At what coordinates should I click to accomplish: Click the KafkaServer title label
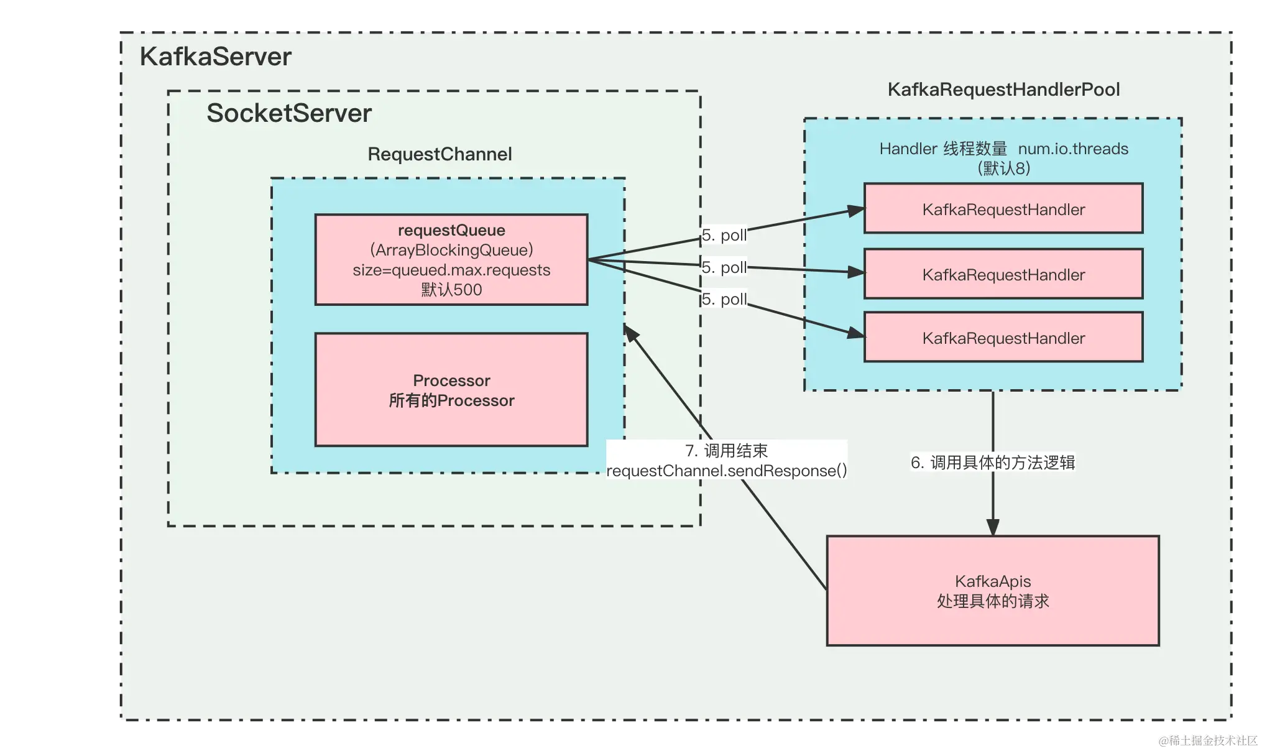point(215,57)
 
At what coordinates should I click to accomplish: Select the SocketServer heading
point(289,114)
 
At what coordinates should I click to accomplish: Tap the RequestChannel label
point(440,154)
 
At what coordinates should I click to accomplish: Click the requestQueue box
point(451,260)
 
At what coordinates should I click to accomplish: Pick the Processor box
point(451,390)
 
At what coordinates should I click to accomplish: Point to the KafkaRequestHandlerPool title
point(1003,90)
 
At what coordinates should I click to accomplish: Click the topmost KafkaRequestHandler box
point(1003,208)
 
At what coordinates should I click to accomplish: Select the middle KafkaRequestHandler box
point(1003,274)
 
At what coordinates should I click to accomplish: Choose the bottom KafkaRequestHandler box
point(1003,337)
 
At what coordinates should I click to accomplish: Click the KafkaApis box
point(993,591)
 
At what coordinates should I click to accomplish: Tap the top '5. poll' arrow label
point(724,236)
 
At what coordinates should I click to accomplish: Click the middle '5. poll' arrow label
point(724,267)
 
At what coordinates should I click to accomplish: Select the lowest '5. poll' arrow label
point(724,299)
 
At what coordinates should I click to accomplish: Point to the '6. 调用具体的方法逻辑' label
point(993,463)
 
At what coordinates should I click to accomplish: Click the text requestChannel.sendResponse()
point(727,471)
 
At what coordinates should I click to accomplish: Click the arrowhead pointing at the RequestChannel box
point(630,333)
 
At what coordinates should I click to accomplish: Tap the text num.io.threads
point(1073,149)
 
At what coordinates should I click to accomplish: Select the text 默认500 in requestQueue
point(451,290)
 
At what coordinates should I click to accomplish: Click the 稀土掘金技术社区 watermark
point(1208,740)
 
